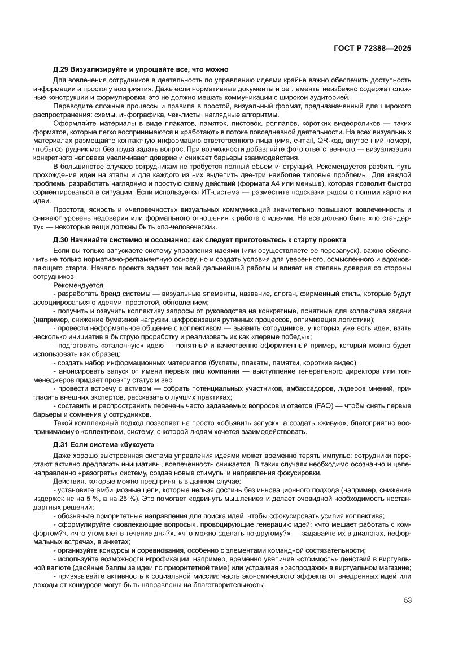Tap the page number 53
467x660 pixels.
point(408,600)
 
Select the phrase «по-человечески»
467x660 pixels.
point(190,227)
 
